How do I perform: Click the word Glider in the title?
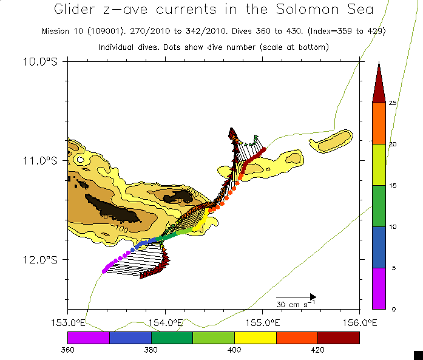pos(75,10)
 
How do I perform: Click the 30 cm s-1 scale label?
pos(296,304)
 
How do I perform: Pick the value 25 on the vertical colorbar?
pos(392,103)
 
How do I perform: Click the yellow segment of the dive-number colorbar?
pos(255,338)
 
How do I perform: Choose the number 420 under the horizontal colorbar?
pos(317,350)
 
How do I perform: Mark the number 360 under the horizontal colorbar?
pos(67,350)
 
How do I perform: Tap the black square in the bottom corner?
pos(418,355)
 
